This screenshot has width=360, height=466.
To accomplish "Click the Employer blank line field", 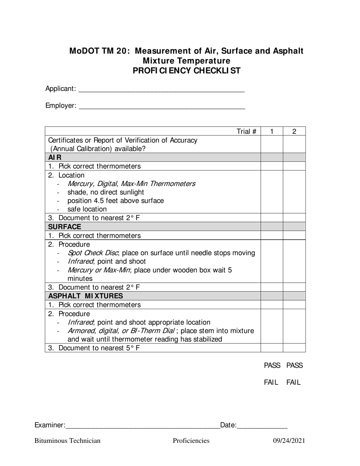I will pyautogui.click(x=162, y=107).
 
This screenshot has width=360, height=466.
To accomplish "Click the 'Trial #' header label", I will pyautogui.click(x=246, y=131).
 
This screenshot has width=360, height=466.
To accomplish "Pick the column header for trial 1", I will pyautogui.click(x=272, y=131).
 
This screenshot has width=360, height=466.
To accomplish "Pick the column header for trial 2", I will pyautogui.click(x=294, y=131).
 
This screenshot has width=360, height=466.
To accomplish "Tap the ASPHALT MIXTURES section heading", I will pyautogui.click(x=85, y=296).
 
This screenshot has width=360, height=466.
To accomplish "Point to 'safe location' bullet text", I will pyautogui.click(x=87, y=209).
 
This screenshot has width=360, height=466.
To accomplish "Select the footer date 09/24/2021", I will pyautogui.click(x=289, y=441).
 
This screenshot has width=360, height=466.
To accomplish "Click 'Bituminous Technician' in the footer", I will pyautogui.click(x=67, y=441).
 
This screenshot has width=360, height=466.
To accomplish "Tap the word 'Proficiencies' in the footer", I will pyautogui.click(x=191, y=441).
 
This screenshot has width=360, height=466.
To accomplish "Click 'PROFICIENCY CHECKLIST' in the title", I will pyautogui.click(x=186, y=71).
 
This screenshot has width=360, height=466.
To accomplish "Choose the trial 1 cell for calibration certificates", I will pyautogui.click(x=272, y=144).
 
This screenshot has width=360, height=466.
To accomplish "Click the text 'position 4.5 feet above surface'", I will pyautogui.click(x=116, y=201).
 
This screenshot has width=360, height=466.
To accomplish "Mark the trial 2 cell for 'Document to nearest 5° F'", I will pyautogui.click(x=294, y=348).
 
